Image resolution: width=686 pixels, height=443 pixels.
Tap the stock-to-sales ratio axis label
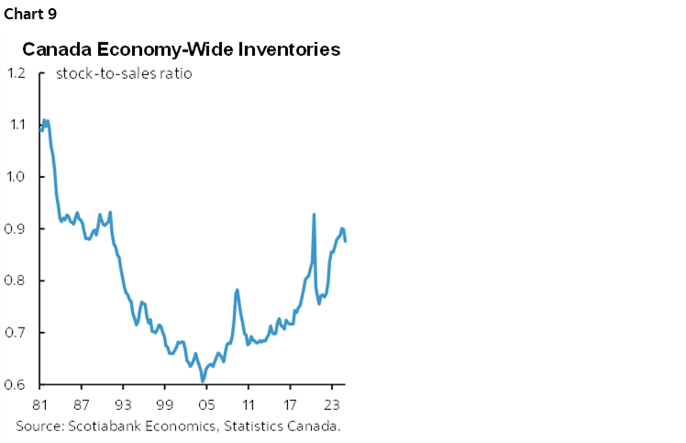pos(124,73)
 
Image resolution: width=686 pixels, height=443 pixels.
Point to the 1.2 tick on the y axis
pos(16,73)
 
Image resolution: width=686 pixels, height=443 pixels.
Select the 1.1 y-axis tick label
pos(16,125)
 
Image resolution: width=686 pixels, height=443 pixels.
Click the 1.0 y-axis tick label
pos(16,177)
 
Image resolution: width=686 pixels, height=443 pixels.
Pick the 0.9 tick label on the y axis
pos(16,229)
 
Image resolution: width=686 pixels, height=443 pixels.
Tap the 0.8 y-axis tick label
pos(16,281)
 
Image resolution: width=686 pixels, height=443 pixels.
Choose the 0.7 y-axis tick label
pos(16,333)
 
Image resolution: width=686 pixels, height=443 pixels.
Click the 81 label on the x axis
pos(39,404)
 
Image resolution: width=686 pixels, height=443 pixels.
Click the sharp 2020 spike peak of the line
pos(314,215)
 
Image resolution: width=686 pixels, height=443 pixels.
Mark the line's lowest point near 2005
pos(202,381)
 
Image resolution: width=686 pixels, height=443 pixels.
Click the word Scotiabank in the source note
pos(105,426)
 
